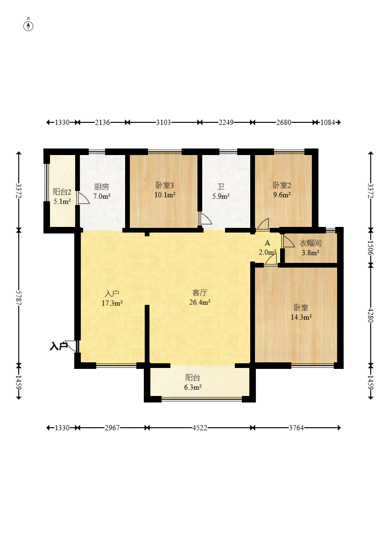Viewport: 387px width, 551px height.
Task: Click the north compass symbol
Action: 28,26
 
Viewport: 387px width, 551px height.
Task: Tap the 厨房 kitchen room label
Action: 101,187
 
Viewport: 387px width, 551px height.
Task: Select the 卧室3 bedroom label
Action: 165,185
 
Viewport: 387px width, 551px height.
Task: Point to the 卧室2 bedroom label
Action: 282,185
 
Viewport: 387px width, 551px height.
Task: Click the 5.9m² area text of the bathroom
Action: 221,197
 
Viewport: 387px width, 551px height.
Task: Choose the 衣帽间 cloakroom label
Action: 310,243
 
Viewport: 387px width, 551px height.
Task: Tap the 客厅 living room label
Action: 200,293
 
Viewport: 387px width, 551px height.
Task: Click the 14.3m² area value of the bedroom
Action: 301,318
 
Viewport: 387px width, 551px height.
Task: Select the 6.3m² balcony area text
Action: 193,387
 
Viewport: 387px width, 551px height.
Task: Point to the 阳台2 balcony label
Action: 62,192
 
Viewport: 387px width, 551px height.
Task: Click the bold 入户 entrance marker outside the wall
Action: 58,346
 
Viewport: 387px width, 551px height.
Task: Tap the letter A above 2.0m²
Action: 267,243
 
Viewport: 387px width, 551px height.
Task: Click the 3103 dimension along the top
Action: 163,122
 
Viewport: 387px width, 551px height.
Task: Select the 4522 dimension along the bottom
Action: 199,428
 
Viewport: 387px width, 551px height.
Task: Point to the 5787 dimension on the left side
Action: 19,297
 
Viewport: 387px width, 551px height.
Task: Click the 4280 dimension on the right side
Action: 371,315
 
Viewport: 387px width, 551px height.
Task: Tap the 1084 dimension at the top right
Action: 328,122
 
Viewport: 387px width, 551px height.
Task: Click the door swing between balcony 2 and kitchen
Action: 83,198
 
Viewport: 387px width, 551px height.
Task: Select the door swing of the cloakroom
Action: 288,240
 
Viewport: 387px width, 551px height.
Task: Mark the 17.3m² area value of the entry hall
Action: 112,303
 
